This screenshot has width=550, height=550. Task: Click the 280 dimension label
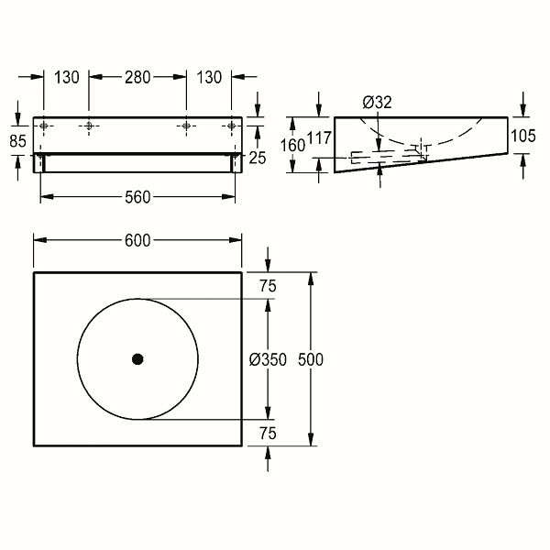pyautogui.click(x=137, y=77)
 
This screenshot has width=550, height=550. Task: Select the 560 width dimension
pyautogui.click(x=137, y=197)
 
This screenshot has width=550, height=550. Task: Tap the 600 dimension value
pyautogui.click(x=137, y=240)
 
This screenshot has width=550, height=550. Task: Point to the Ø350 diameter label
pyautogui.click(x=268, y=359)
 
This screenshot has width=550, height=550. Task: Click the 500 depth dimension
pyautogui.click(x=311, y=359)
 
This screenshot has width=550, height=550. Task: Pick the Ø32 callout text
pyautogui.click(x=377, y=102)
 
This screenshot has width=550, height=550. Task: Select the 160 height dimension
pyautogui.click(x=292, y=145)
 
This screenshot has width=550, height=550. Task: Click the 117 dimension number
pyautogui.click(x=319, y=137)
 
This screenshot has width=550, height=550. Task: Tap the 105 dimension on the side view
pyautogui.click(x=523, y=136)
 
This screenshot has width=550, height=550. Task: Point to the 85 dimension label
pyautogui.click(x=18, y=141)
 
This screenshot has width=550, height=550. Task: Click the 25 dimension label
pyautogui.click(x=258, y=158)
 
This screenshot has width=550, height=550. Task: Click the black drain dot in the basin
pyautogui.click(x=137, y=359)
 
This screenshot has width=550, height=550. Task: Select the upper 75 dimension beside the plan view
pyautogui.click(x=268, y=286)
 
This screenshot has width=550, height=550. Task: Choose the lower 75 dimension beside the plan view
pyautogui.click(x=268, y=434)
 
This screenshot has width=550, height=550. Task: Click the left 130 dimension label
pyautogui.click(x=67, y=77)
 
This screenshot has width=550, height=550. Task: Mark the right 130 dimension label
pyautogui.click(x=209, y=77)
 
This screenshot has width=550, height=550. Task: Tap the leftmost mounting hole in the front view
pyautogui.click(x=44, y=126)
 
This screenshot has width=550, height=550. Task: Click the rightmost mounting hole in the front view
pyautogui.click(x=232, y=126)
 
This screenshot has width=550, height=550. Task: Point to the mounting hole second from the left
pyautogui.click(x=89, y=126)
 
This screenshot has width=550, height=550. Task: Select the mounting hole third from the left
pyautogui.click(x=186, y=126)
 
